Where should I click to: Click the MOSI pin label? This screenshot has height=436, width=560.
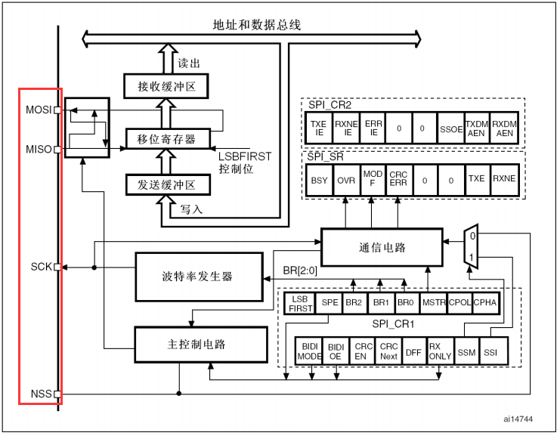(39, 110)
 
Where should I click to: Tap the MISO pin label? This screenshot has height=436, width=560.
(39, 149)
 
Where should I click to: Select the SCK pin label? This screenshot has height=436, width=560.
(42, 267)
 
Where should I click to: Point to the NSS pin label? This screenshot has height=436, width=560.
(42, 394)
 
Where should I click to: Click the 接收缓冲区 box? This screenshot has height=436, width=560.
(166, 86)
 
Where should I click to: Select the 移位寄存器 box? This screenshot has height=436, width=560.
(169, 139)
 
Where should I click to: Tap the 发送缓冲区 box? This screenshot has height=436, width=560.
(169, 184)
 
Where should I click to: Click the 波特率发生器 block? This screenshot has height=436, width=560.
(200, 277)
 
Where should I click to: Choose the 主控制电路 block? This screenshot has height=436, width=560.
(201, 345)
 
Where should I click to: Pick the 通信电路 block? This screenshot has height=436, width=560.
(382, 247)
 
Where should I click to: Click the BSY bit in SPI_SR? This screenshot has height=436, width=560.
(319, 181)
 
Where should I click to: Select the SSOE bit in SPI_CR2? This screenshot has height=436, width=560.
(451, 128)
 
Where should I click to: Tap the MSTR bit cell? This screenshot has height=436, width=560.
(434, 303)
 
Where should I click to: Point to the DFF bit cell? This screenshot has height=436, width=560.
(413, 352)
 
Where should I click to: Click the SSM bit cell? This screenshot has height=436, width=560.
(466, 352)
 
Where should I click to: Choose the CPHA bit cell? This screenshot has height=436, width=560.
(485, 303)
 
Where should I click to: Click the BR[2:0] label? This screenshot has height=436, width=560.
(300, 271)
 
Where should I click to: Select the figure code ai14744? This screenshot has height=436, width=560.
(518, 419)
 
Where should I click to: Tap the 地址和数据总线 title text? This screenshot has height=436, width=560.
(257, 25)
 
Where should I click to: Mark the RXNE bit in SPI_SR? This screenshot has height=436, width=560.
(504, 179)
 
